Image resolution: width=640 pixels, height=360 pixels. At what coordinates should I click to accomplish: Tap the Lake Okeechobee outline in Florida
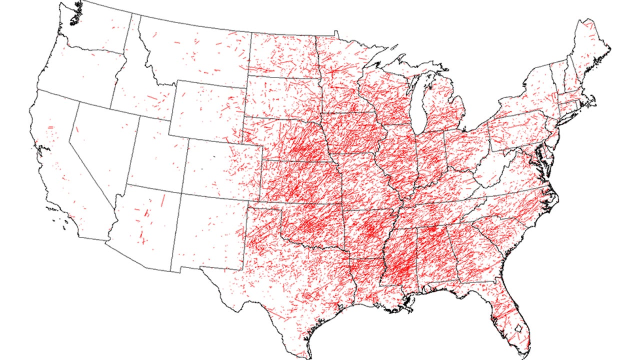tap(519, 328)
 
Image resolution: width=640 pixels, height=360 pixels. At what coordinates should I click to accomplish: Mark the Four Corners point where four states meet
tap(179, 192)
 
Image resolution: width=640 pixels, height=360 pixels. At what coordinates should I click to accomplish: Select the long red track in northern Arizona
tap(162, 200)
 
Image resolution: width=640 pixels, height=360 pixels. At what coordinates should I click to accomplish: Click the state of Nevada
tap(100, 150)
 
